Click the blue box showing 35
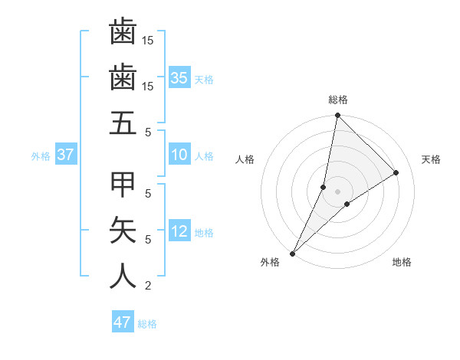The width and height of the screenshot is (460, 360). click(179, 77)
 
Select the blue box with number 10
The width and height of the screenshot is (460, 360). click(179, 155)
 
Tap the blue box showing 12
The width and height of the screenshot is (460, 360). click(179, 231)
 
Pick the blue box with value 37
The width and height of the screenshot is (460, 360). click(65, 155)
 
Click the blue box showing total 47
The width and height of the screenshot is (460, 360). click(123, 322)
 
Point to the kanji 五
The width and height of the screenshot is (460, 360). click(123, 123)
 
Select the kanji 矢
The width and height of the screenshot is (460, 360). click(123, 230)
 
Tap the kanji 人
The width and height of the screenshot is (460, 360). click(123, 276)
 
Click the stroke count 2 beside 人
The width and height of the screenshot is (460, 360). click(148, 286)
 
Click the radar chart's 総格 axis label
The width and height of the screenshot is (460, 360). click(337, 100)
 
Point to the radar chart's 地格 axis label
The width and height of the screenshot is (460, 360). click(402, 262)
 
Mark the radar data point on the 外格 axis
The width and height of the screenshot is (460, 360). click(293, 253)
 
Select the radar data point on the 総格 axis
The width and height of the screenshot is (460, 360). click(337, 116)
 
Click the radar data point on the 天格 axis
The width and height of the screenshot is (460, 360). click(396, 172)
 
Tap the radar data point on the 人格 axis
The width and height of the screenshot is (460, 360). click(324, 187)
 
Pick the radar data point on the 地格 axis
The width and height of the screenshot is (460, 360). click(347, 204)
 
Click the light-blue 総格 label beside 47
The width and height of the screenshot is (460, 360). click(147, 324)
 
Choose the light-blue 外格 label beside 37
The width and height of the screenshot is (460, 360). click(41, 156)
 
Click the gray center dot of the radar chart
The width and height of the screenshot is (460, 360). click(337, 191)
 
